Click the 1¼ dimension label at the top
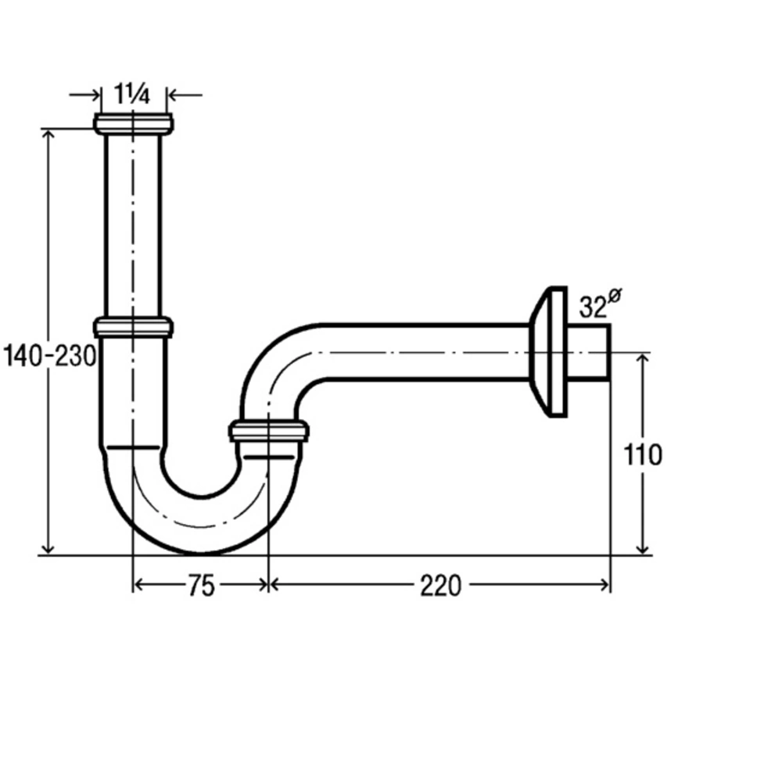(131, 94)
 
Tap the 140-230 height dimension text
(49, 356)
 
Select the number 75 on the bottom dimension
(202, 586)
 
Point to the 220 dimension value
(440, 586)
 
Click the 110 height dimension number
(643, 455)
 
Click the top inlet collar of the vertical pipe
(133, 124)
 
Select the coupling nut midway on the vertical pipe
(133, 327)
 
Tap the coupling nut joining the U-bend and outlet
(269, 431)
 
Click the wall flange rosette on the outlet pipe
(549, 352)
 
